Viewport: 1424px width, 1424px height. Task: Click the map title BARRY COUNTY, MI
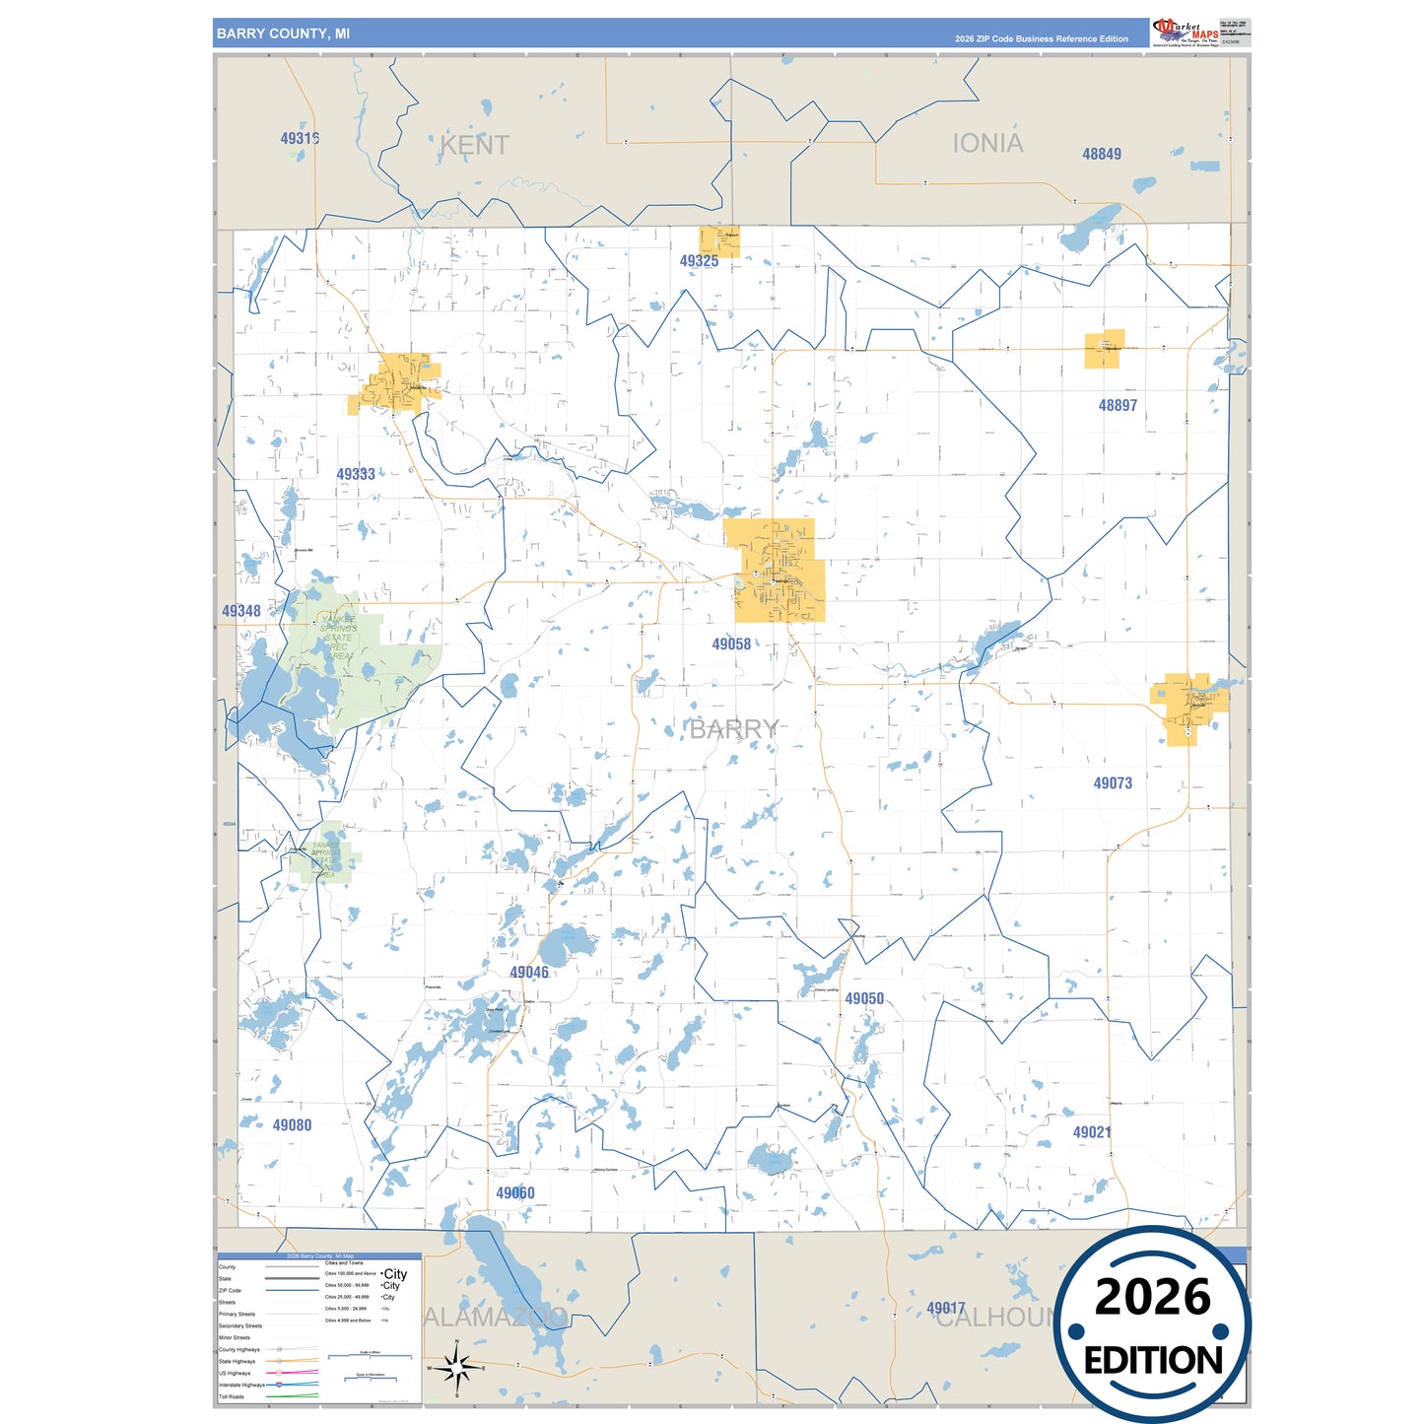coord(283,34)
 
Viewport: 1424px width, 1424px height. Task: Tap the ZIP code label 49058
coord(731,644)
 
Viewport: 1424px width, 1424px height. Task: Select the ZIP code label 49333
coord(356,474)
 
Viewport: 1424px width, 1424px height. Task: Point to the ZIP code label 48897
coord(1118,405)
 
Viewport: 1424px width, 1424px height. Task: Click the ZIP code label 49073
coord(1113,783)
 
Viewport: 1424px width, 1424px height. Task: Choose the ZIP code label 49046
coord(529,973)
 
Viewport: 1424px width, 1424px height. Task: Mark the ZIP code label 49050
coord(864,998)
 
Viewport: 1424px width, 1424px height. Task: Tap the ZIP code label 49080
coord(292,1125)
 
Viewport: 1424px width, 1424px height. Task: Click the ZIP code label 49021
coord(1092,1132)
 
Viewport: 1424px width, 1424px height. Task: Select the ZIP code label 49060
coord(515,1193)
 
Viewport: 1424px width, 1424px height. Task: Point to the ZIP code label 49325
coord(699,261)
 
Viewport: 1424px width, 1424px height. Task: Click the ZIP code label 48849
coord(1102,154)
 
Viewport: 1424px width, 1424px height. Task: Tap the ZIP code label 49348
coord(241,611)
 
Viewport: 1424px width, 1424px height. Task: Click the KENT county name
coord(474,146)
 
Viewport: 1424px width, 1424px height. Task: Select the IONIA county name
coord(987,144)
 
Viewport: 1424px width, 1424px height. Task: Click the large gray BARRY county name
coord(733,729)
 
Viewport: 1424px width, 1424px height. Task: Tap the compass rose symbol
coord(456,1368)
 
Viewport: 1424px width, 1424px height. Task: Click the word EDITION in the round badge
coord(1152,1361)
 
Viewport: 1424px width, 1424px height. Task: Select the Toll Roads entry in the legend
coord(232,1396)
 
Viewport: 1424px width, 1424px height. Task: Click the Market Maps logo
coord(1186,32)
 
